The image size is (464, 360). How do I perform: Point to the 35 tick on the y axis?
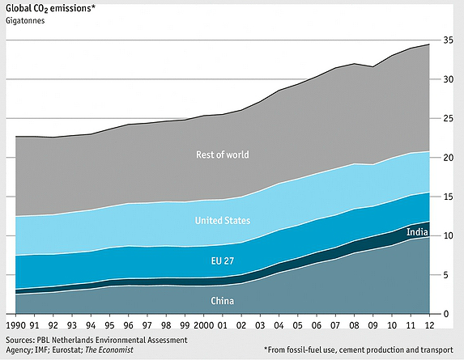pos(446,40)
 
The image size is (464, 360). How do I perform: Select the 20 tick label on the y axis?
pos(446,158)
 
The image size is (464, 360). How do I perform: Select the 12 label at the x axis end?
pos(428,324)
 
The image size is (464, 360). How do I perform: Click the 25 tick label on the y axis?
pos(446,118)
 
